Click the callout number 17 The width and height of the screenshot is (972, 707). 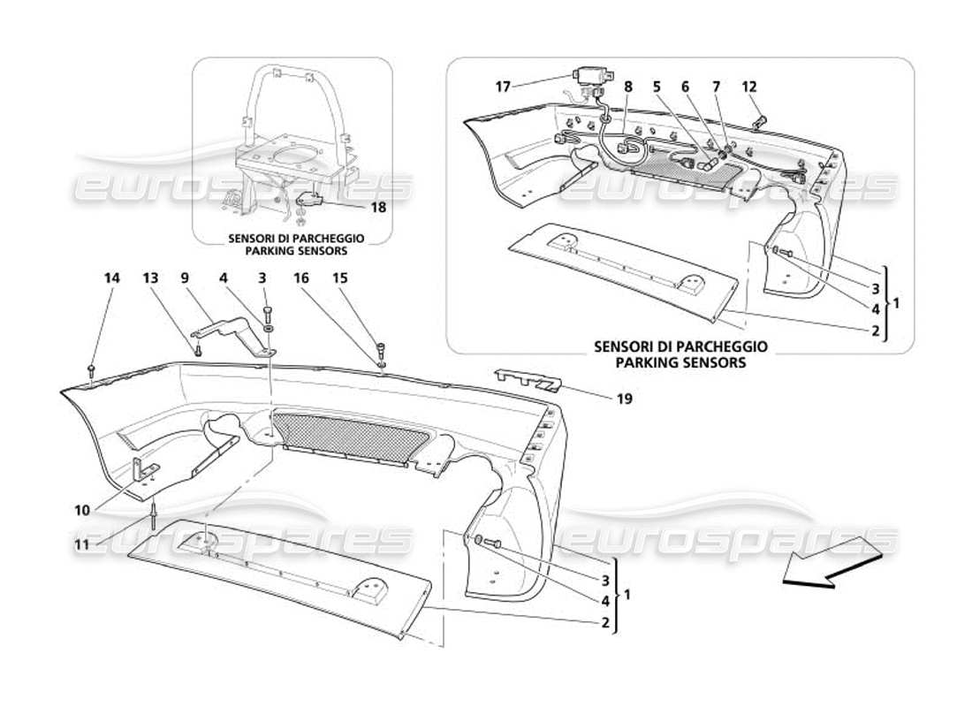[x=502, y=87]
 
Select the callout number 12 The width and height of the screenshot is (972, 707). [x=749, y=87]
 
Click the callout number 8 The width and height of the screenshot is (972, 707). [x=628, y=87]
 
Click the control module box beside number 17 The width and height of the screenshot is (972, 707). [x=588, y=74]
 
